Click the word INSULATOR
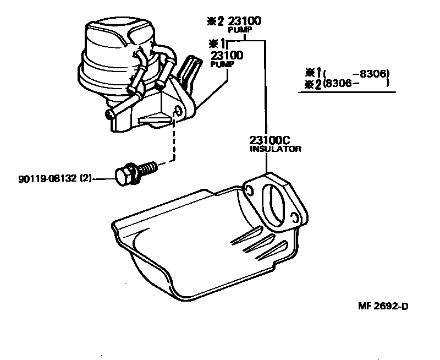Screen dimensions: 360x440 point(276,149)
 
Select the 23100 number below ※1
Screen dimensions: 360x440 point(227,56)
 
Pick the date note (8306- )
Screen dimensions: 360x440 point(357,83)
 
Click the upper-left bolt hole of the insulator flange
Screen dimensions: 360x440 point(248,191)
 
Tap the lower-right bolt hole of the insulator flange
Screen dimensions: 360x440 point(295,219)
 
